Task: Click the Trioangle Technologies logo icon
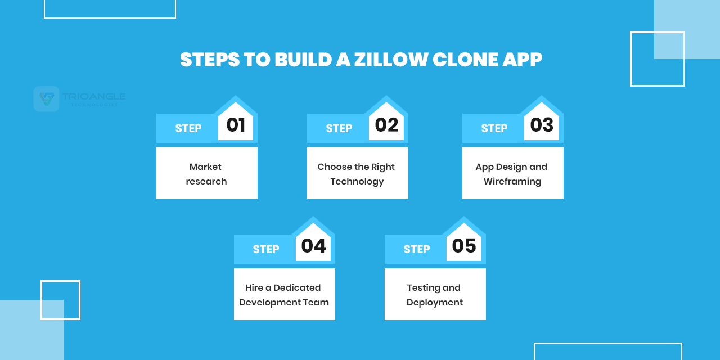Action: (46, 99)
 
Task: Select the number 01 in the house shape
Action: (236, 125)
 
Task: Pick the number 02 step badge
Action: (386, 125)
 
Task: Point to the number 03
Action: (542, 125)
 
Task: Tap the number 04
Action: (313, 246)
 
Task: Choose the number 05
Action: (464, 246)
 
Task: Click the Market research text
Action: (206, 174)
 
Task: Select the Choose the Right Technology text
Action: (357, 174)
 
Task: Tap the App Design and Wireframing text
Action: (512, 174)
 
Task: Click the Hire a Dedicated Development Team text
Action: (284, 295)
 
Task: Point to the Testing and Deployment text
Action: (435, 295)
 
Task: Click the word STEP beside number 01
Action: (188, 128)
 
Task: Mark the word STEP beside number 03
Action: (494, 128)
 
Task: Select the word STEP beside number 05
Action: (417, 249)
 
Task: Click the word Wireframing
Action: (512, 181)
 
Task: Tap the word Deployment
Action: (435, 302)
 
